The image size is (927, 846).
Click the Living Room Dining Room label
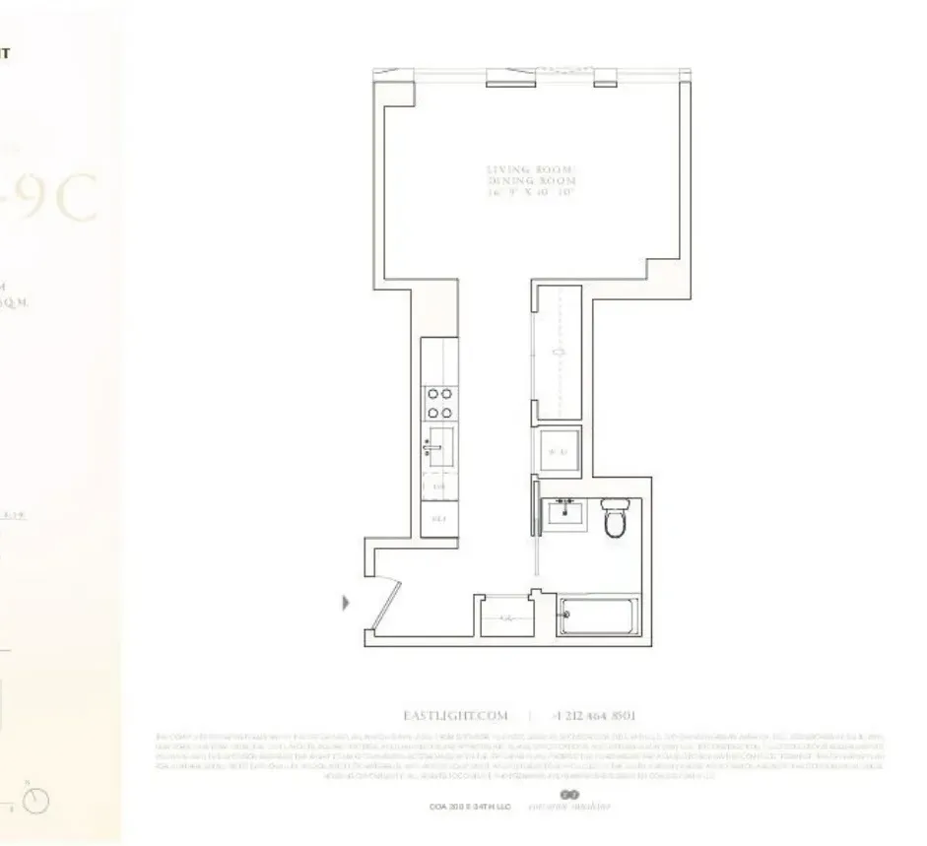coord(531,182)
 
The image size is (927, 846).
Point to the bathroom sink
coord(565,516)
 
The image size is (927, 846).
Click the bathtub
coord(599,617)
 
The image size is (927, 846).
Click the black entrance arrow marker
coord(346,602)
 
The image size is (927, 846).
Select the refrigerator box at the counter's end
coord(439,519)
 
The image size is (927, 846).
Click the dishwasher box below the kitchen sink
coord(439,487)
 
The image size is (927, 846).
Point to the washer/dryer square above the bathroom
coord(557,453)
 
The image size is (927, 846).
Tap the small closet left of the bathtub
coord(504,617)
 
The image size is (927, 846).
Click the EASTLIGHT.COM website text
coord(454,715)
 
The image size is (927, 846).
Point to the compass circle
coord(36,802)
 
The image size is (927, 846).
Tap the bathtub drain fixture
coord(565,618)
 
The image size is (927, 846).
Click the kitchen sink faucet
coord(430,447)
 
